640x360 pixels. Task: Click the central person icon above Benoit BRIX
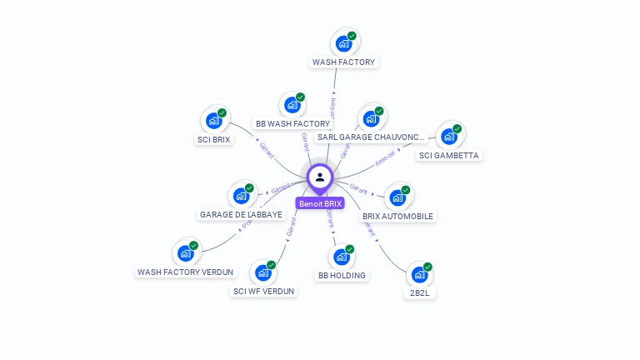click(x=320, y=177)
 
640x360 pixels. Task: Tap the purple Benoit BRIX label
click(x=320, y=203)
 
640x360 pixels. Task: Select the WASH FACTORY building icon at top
click(x=343, y=44)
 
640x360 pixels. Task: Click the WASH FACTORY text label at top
click(x=343, y=62)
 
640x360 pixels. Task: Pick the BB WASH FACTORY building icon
click(x=292, y=105)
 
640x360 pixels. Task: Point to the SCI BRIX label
click(x=214, y=140)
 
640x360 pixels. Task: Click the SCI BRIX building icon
click(x=214, y=121)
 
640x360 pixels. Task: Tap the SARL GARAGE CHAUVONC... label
click(x=371, y=137)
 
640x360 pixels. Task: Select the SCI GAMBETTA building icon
click(x=449, y=137)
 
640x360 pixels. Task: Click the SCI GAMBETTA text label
click(x=450, y=156)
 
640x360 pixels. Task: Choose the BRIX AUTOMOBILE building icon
click(x=397, y=197)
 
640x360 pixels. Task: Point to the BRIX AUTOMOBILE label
click(x=397, y=217)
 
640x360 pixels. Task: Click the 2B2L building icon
click(x=419, y=274)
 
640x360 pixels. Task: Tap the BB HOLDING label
click(x=342, y=276)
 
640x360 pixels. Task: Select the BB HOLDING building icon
click(x=342, y=257)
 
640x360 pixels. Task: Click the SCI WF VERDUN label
click(x=263, y=292)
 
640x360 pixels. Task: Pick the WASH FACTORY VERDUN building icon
click(x=185, y=252)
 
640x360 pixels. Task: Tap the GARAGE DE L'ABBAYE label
click(x=241, y=215)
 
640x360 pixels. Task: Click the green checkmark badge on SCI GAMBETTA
click(x=457, y=129)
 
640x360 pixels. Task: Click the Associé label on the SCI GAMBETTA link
click(x=384, y=158)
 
